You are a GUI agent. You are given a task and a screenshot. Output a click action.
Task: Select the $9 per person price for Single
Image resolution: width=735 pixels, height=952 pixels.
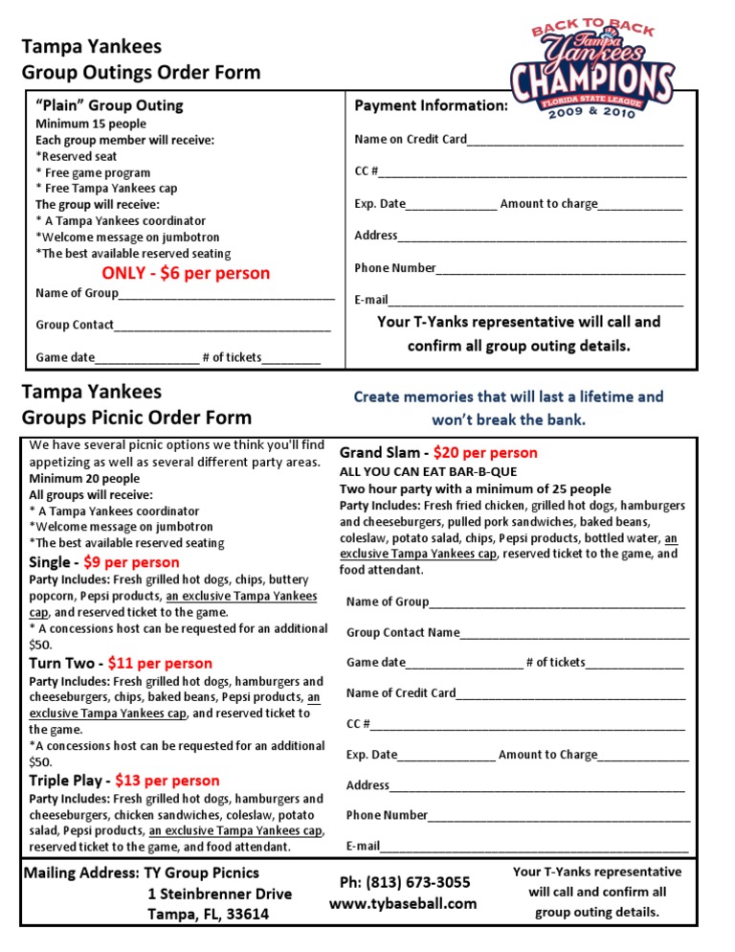pos(132,562)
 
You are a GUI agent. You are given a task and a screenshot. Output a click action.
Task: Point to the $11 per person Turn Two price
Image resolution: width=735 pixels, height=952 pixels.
pos(160,663)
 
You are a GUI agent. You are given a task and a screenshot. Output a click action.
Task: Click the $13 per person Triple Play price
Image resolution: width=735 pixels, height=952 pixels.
pos(167,781)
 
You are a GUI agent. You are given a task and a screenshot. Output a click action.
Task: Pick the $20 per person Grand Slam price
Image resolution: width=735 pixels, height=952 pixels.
pos(485,452)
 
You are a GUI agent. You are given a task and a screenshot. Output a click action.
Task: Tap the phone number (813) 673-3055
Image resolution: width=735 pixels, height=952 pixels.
pos(405,882)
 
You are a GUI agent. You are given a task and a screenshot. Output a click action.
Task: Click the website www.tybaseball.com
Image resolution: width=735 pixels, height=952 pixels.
pos(403,903)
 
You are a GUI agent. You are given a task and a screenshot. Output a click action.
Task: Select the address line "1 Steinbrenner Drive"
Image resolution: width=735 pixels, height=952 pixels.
pos(220,894)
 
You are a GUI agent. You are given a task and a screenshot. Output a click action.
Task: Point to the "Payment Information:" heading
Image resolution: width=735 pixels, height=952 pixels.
pos(431,105)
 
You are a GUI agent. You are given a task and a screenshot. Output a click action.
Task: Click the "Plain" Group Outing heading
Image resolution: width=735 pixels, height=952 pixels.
pos(109,105)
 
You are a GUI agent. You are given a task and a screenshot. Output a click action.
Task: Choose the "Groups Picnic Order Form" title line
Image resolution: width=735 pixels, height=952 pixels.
pos(137,417)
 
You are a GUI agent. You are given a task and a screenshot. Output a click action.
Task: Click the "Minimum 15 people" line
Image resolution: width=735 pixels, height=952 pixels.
pos(91,124)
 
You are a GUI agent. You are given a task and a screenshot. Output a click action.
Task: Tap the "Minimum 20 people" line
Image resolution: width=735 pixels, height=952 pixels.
pos(84,478)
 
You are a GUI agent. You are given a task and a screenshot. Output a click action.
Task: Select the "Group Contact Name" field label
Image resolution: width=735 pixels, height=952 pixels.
pos(403,632)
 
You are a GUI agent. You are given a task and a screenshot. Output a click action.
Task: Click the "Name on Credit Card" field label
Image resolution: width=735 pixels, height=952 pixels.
pos(411,139)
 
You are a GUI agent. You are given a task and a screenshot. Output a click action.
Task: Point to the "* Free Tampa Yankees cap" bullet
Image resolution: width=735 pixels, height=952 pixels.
pos(106,189)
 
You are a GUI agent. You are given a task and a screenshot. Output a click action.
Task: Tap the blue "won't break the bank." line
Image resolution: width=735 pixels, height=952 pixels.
pos(508,419)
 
